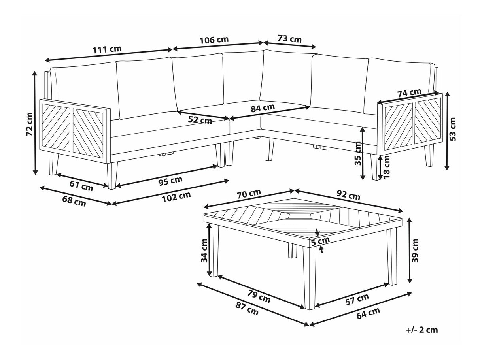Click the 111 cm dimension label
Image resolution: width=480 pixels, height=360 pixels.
(107, 49)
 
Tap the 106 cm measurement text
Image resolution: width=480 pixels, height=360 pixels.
(214, 40)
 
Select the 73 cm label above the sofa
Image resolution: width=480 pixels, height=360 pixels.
(289, 39)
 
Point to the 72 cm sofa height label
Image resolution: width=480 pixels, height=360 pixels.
(29, 124)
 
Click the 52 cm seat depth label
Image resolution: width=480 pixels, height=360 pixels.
(200, 120)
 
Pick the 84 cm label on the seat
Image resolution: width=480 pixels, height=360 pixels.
(263, 108)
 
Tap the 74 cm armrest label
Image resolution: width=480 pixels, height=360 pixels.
(409, 93)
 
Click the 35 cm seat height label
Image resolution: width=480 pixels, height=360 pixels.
(358, 153)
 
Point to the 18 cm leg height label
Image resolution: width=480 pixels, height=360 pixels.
(387, 167)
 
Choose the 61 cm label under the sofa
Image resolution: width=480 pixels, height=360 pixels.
(81, 186)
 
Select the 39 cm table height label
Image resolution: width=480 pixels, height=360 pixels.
(415, 251)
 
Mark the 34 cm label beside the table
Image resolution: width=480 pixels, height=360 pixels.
(204, 251)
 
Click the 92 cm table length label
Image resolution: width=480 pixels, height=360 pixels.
(348, 195)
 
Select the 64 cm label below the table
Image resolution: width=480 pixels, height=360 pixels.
(368, 313)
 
